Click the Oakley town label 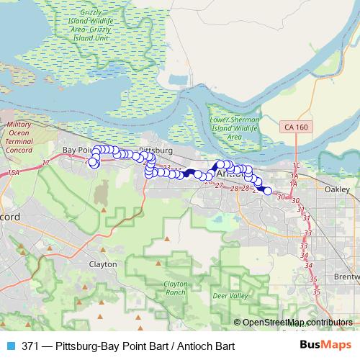pyautogui.click(x=337, y=189)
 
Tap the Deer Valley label pyautogui.click(x=233, y=295)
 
